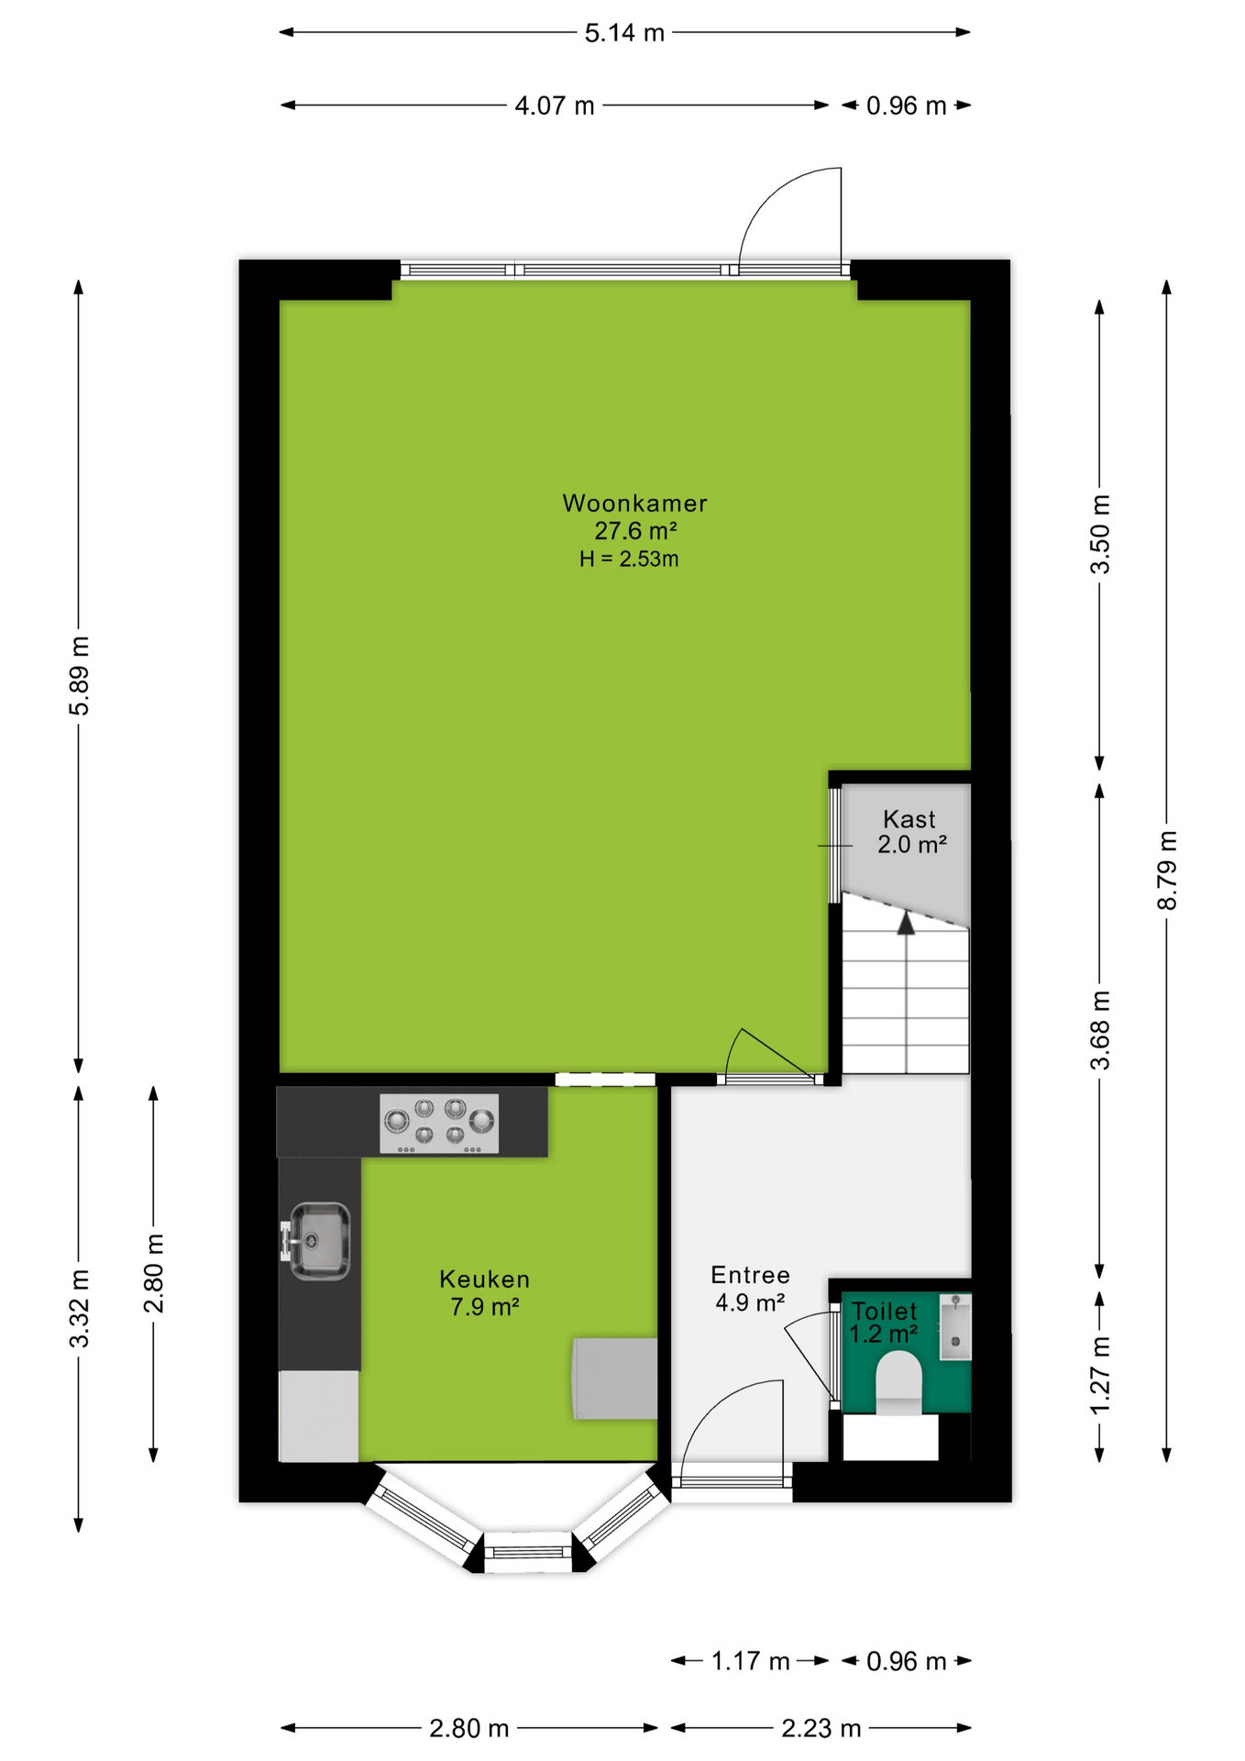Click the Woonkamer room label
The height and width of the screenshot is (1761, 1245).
click(x=634, y=504)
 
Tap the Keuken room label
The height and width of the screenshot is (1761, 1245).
click(x=484, y=1279)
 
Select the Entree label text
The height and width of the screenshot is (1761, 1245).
click(x=750, y=1275)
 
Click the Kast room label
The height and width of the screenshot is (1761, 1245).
click(x=909, y=819)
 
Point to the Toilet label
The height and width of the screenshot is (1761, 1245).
click(x=884, y=1312)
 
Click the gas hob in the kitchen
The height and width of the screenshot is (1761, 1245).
click(x=440, y=1124)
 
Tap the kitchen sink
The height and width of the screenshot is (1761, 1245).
click(x=316, y=1241)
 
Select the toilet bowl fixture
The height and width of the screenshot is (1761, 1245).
click(x=898, y=1382)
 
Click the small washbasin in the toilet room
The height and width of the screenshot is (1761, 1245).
click(x=954, y=1326)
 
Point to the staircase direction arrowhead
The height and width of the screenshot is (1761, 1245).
click(x=906, y=924)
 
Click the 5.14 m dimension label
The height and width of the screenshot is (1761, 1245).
click(x=624, y=33)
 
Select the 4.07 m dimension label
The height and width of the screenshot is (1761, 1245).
click(x=555, y=105)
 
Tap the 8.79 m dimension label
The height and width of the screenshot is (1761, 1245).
click(x=1166, y=870)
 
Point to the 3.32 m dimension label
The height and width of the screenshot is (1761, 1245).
click(x=80, y=1309)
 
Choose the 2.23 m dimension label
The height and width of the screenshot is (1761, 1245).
click(x=821, y=1729)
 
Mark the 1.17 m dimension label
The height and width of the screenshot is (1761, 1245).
click(x=751, y=1661)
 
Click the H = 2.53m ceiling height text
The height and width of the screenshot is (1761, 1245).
click(x=629, y=559)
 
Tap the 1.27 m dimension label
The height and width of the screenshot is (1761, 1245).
click(x=1099, y=1375)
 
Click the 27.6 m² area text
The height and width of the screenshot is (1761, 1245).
click(x=635, y=530)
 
